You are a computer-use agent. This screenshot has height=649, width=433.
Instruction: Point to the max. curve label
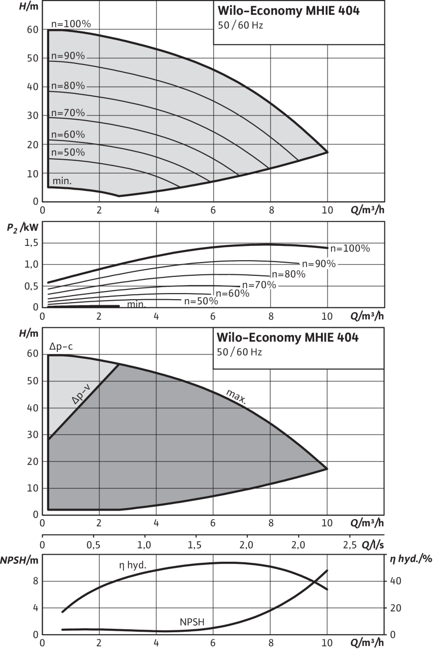coord(236,398)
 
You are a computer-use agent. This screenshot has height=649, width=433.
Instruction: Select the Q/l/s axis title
coord(373,546)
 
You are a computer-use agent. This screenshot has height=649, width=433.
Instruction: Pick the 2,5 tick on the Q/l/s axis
coord(350,545)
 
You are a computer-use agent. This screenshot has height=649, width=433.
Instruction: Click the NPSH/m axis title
coord(19,560)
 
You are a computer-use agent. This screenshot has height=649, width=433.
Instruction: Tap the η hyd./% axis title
coord(410,560)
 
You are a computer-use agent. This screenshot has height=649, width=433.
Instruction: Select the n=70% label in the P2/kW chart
coord(259,285)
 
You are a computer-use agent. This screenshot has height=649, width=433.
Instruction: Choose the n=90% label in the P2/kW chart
coord(319,264)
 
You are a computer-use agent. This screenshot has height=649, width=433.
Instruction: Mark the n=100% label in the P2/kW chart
coord(350,248)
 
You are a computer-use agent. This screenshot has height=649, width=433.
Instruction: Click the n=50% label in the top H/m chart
coord(67,153)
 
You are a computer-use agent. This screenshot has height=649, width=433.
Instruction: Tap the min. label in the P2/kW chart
coord(136,304)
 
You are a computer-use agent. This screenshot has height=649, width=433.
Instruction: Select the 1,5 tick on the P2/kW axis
coord(31,244)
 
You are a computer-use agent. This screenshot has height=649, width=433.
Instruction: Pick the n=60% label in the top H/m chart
coord(67,135)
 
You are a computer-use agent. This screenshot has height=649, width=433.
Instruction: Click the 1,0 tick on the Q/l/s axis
coord(145,545)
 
